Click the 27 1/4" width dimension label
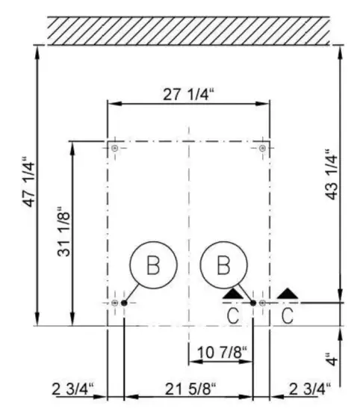188,94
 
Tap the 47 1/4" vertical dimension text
28,182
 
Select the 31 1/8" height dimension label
63,232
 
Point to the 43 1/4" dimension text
331,175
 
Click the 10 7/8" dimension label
222,352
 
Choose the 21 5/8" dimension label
190,389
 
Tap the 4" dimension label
332,359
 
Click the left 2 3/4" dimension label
72,389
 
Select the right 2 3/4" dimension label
310,389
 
